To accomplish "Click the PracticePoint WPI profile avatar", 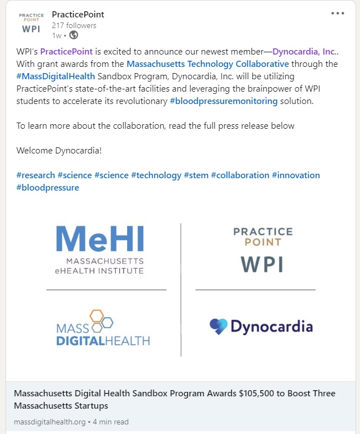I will pyautogui.click(x=30, y=22).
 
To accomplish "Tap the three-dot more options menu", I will pyautogui.click(x=337, y=13).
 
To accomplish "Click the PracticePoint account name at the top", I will pyautogui.click(x=78, y=14).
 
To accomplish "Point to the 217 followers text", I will pyautogui.click(x=74, y=25).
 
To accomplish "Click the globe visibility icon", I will pyautogui.click(x=73, y=35).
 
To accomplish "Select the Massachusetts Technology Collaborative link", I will pyautogui.click(x=208, y=64).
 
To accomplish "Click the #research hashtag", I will pyautogui.click(x=35, y=175).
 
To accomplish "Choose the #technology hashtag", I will pyautogui.click(x=156, y=175).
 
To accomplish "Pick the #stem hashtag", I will pyautogui.click(x=196, y=175).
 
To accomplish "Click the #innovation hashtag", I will pyautogui.click(x=295, y=175).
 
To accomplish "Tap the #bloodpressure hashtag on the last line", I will pyautogui.click(x=47, y=187).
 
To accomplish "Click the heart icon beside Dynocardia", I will pyautogui.click(x=218, y=327).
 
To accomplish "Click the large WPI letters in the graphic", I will pyautogui.click(x=262, y=264).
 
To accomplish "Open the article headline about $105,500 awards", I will pyautogui.click(x=174, y=399).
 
